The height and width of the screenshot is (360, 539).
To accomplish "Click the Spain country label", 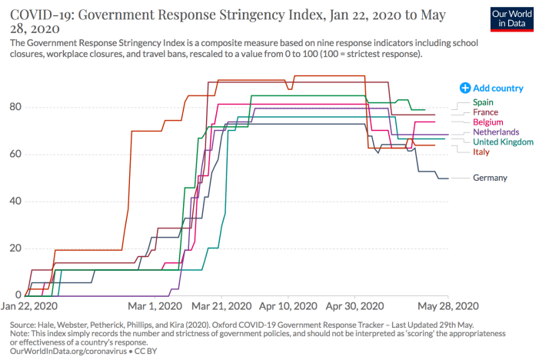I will coord(484,102).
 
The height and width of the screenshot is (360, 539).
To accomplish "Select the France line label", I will coord(486,112).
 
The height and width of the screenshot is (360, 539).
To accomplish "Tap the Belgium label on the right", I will coord(488,122).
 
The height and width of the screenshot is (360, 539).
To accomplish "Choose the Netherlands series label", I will coord(496,132).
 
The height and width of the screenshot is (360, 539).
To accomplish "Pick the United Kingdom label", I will coord(503,142).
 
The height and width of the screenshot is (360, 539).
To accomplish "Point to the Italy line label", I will coord(481,152).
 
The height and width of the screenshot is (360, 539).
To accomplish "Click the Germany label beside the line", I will coord(490,178).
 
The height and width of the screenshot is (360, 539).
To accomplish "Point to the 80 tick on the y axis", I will coord(15,107).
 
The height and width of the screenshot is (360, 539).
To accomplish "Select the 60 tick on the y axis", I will coord(15,154).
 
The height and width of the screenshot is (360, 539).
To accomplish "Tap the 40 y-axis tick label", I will coord(15,201).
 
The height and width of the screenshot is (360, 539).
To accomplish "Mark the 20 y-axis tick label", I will coord(15,248).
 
